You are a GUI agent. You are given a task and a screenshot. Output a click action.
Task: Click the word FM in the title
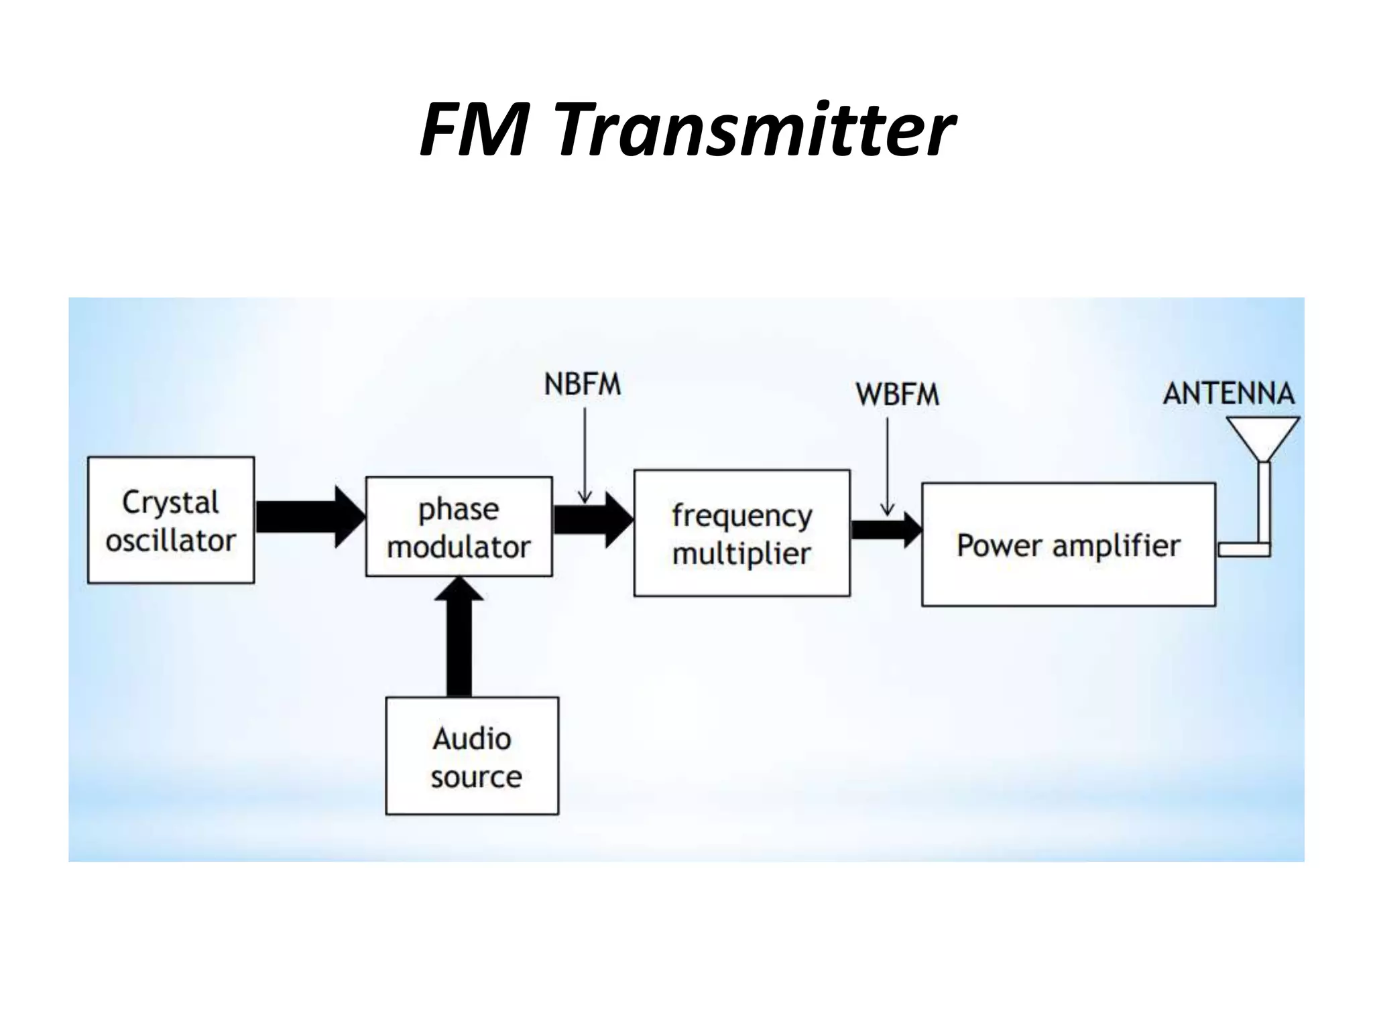pos(474,129)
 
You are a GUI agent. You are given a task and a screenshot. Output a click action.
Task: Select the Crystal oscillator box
pos(171,520)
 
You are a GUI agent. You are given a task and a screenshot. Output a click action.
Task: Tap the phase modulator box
pos(459,527)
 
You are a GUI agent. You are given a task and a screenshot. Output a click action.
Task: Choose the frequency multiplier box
pos(741,533)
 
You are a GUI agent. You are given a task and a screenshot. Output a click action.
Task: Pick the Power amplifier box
pos(1068,545)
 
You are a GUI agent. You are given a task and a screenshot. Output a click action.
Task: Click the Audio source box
pos(472,756)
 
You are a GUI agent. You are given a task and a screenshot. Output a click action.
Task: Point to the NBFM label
pos(583,385)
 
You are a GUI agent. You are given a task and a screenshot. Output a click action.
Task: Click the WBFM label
pos(897,395)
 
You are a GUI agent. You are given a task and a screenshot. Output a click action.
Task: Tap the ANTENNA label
pos(1228,393)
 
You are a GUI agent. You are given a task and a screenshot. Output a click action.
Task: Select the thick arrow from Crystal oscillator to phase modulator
pos(309,517)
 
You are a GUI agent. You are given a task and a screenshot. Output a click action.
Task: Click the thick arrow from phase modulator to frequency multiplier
pos(592,520)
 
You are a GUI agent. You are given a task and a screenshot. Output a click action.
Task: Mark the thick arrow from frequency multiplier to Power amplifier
pos(886,530)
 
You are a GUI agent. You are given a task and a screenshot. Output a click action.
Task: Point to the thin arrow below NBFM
pos(585,456)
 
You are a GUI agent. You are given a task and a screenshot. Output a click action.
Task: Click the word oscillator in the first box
pos(171,541)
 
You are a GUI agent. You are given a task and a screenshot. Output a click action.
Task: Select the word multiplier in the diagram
pos(741,554)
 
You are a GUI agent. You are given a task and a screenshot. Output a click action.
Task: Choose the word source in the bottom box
pos(476,777)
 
